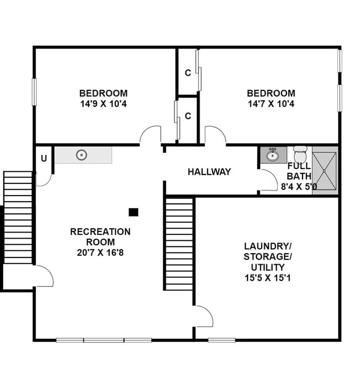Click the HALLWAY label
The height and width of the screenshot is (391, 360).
(x=209, y=172)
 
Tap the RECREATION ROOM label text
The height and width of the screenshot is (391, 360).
(x=100, y=236)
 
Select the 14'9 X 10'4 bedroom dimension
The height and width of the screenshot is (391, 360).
(x=103, y=104)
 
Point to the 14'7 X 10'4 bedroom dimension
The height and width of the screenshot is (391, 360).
(x=271, y=104)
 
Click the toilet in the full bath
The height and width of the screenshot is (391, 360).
(x=300, y=155)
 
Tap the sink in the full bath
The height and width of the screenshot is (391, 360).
(x=272, y=155)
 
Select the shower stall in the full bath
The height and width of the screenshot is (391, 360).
(x=324, y=171)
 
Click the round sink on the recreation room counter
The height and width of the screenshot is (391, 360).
(x=82, y=155)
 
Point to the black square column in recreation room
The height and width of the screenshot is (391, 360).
(x=133, y=212)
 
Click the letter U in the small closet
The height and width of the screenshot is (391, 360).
(x=43, y=158)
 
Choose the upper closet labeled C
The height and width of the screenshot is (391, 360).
(x=188, y=73)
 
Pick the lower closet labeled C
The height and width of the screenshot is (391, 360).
(x=188, y=116)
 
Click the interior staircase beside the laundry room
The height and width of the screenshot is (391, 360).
(x=179, y=244)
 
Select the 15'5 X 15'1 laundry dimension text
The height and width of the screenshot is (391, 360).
(x=268, y=277)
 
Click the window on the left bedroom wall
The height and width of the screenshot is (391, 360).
(x=34, y=92)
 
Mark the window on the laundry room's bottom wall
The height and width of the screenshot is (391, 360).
(x=222, y=339)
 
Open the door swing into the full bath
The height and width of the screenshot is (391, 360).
(x=269, y=181)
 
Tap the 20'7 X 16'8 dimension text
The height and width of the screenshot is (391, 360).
(x=100, y=252)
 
